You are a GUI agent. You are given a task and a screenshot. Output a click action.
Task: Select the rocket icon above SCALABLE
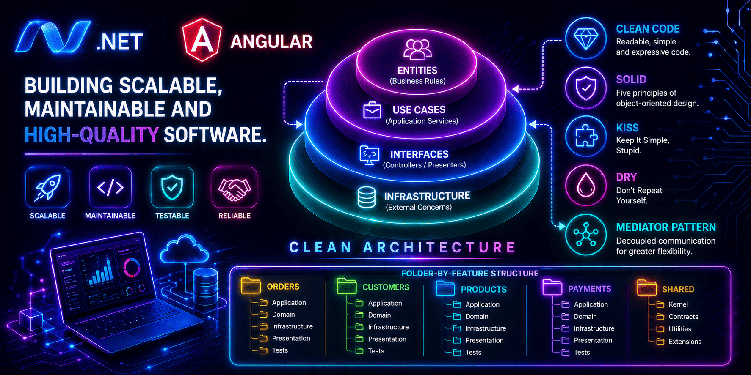click(x=47, y=187)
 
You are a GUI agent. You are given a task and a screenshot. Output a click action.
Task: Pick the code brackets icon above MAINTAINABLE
click(x=110, y=187)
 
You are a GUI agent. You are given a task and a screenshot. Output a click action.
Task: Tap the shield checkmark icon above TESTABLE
click(x=172, y=187)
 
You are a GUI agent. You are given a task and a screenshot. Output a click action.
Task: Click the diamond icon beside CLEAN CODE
click(x=586, y=38)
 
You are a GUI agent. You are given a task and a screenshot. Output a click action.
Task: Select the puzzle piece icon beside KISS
click(x=586, y=136)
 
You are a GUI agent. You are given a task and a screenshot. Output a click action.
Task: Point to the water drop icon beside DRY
click(x=586, y=185)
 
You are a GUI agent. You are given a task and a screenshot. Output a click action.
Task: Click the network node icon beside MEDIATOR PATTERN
click(x=586, y=234)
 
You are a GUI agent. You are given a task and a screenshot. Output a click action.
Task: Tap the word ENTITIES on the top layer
click(x=417, y=71)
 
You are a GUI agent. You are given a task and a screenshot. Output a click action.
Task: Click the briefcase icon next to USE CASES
click(x=372, y=110)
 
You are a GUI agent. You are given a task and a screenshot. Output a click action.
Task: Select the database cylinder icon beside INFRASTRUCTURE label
click(x=366, y=197)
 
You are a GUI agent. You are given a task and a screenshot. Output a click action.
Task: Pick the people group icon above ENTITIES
click(x=417, y=49)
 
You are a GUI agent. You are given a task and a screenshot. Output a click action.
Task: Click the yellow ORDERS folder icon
click(x=251, y=286)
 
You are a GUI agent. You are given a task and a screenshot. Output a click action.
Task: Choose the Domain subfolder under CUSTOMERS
click(x=379, y=315)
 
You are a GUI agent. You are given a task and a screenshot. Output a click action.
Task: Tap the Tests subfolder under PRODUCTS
click(x=473, y=352)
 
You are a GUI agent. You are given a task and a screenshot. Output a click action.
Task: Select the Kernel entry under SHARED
click(x=678, y=304)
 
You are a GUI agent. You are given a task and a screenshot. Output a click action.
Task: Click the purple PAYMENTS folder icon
click(x=552, y=287)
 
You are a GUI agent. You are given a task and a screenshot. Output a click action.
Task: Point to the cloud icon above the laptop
click(x=184, y=249)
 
